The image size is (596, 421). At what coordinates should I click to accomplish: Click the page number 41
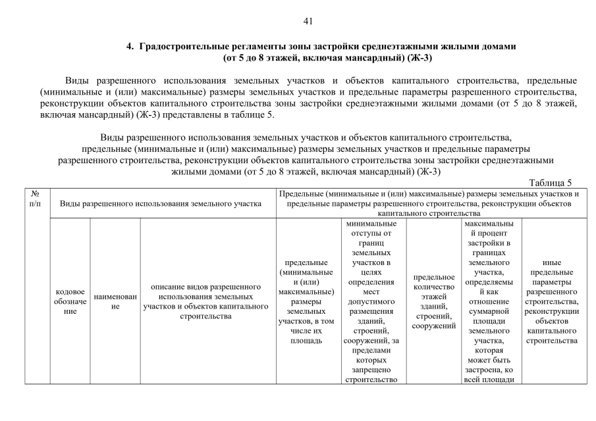[x=307, y=20]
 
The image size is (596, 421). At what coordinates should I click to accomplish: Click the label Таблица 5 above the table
[x=551, y=183]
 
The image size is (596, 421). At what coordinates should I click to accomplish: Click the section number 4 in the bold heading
[x=130, y=47]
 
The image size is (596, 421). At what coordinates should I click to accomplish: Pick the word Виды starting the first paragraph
[x=78, y=80]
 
